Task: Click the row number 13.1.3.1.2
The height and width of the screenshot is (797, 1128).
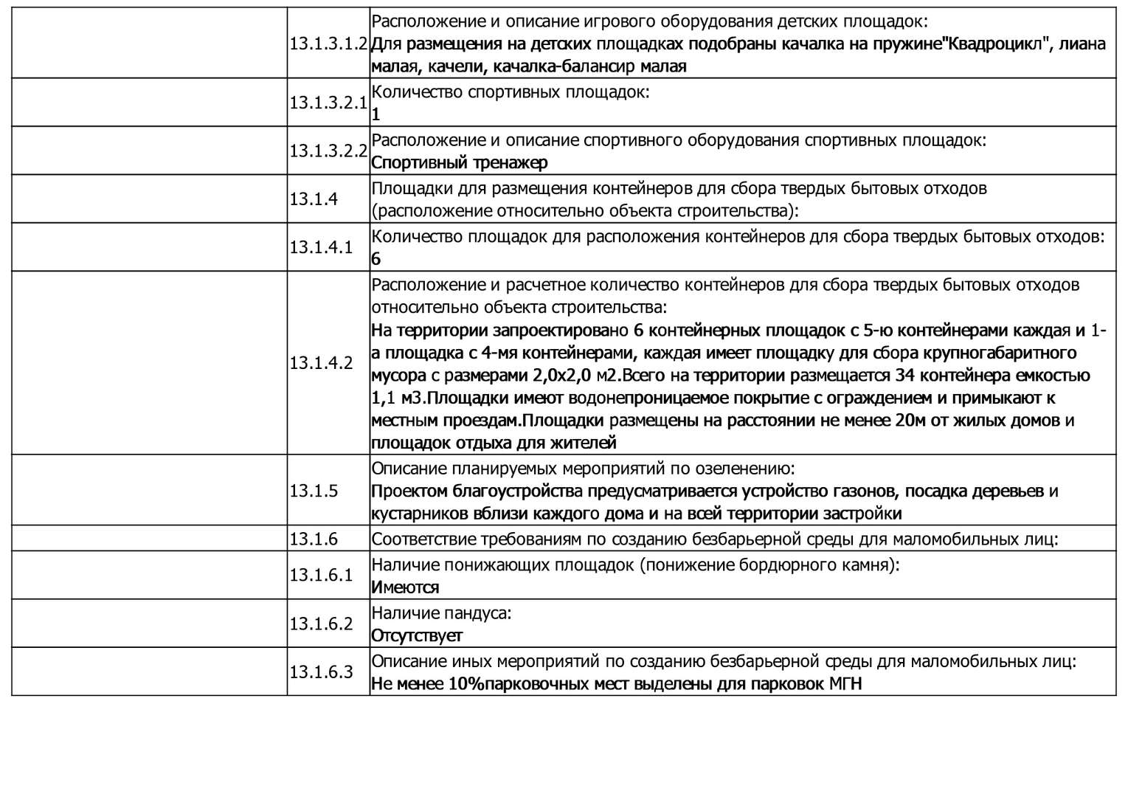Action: coord(328,44)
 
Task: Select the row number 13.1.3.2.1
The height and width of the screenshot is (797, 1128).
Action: coord(328,103)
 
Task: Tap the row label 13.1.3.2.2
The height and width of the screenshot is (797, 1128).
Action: coord(328,151)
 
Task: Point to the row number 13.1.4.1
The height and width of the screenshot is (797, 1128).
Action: coord(321,247)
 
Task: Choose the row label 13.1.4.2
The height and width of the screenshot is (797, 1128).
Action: coord(321,363)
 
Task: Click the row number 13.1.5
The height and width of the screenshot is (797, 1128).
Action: coord(314,491)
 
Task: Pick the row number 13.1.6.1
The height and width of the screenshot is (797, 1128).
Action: coord(321,575)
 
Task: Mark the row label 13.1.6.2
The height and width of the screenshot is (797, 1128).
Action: coord(321,624)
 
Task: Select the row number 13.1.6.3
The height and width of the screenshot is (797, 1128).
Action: coord(321,672)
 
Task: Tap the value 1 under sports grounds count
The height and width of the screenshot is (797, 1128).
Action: coord(376,114)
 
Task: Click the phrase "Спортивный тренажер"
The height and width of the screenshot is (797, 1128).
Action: coord(459,162)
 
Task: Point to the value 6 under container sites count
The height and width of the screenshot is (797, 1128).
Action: coord(376,259)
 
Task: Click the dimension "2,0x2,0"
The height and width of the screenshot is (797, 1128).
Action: coord(562,376)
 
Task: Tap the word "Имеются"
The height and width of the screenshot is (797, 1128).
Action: coord(405,587)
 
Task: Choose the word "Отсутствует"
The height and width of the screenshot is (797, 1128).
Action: coord(417,635)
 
